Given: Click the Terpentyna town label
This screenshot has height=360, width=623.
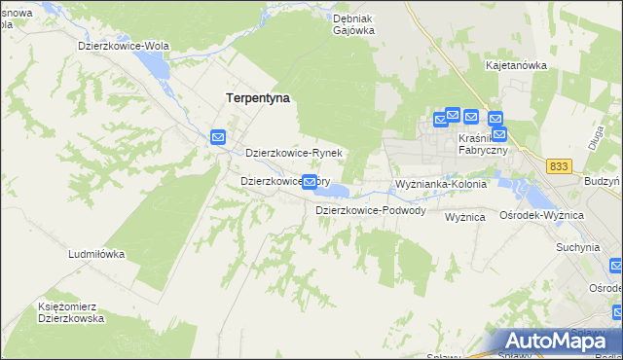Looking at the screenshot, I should (258, 98).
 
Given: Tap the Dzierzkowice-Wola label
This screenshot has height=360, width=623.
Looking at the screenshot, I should (124, 46).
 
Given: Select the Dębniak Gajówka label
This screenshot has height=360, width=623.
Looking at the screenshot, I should (353, 24).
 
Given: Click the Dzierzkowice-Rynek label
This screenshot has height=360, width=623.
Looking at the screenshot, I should (293, 154).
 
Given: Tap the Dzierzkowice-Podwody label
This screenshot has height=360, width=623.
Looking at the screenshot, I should (370, 210).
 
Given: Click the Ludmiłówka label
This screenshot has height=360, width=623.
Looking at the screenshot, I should (96, 254).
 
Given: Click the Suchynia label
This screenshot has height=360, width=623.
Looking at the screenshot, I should (577, 247).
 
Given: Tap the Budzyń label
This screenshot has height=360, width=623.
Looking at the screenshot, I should (603, 182).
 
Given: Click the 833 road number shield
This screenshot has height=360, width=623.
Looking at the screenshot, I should (558, 167).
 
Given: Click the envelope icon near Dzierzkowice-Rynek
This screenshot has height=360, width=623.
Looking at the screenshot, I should (218, 138).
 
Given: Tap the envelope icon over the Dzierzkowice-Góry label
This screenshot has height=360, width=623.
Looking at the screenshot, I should (310, 181).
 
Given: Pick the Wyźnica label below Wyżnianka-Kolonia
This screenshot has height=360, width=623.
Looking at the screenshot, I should (464, 217).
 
